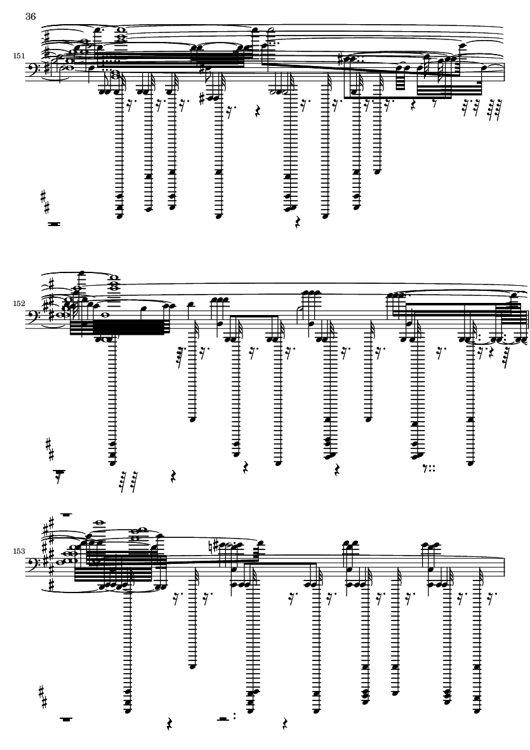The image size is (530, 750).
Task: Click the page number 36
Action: [x=30, y=17]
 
